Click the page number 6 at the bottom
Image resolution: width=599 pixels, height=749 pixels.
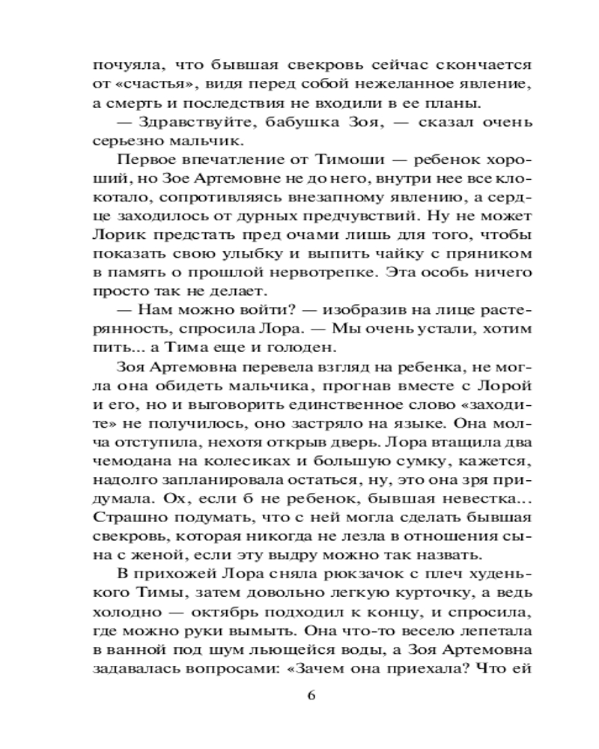(x=312, y=693)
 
